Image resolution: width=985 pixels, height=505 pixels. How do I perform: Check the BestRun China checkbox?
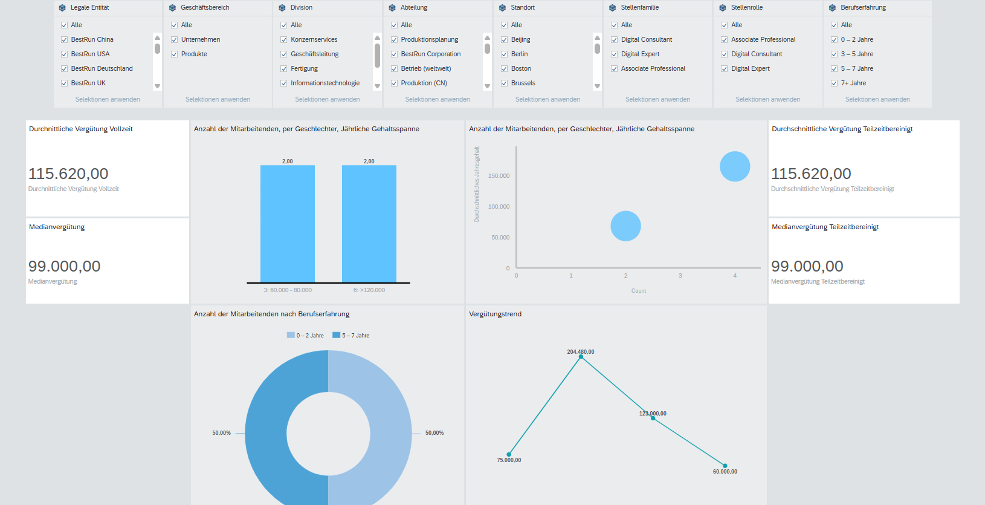click(64, 40)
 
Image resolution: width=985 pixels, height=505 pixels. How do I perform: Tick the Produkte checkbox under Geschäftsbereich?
click(174, 54)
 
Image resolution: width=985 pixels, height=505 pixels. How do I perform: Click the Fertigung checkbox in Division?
click(284, 69)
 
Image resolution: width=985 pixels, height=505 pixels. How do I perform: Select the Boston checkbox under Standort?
click(505, 69)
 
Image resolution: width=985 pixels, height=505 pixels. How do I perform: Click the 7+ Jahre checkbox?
click(834, 83)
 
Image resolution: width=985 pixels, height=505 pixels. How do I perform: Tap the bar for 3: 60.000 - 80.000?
click(288, 224)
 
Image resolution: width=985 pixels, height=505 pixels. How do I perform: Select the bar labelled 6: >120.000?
click(369, 224)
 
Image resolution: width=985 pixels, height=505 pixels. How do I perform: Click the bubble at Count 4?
click(735, 166)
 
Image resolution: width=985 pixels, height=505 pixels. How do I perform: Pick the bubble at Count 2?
click(625, 226)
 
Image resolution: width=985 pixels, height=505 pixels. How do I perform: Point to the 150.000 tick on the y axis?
click(499, 175)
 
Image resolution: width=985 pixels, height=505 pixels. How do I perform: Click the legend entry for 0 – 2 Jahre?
click(305, 336)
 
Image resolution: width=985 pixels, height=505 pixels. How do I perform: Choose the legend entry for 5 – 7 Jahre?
click(351, 336)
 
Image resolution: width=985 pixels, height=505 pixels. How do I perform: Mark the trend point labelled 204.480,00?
click(581, 357)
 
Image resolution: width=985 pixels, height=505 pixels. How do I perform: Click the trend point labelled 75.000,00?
click(509, 454)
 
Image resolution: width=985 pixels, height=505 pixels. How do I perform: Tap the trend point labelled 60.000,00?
click(725, 466)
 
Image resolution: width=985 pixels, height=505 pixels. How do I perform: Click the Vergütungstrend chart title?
click(495, 314)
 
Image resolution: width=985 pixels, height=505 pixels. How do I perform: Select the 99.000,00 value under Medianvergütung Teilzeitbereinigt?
click(807, 266)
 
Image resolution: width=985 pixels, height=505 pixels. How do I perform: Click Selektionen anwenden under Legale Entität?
click(108, 100)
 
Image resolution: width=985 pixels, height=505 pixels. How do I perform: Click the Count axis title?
click(639, 291)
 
